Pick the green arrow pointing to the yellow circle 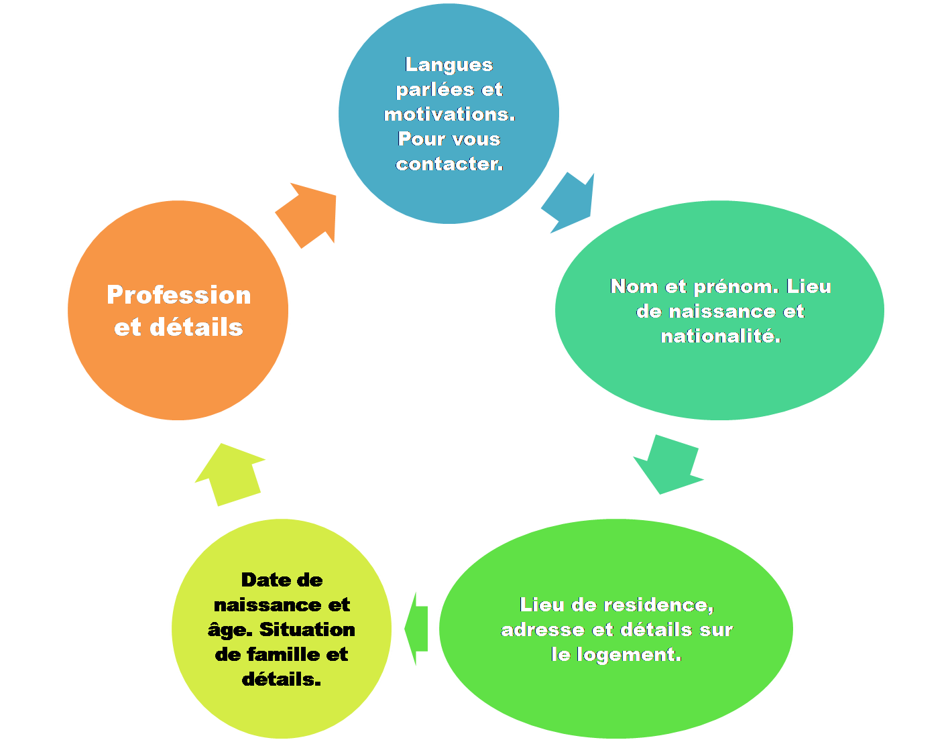(x=417, y=629)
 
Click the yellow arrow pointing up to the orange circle (x=231, y=475)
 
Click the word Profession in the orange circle (x=178, y=295)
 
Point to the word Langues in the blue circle (x=449, y=64)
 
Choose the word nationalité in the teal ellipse (x=720, y=336)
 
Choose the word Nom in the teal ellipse (x=634, y=287)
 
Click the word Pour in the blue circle (x=418, y=139)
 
